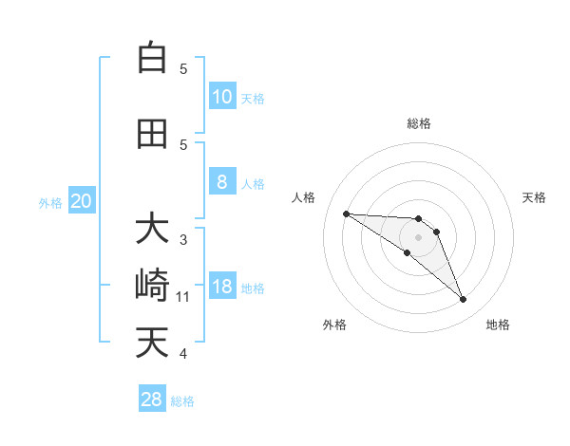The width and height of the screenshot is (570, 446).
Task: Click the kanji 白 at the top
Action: [152, 58]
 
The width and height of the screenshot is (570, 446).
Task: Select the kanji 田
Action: [152, 134]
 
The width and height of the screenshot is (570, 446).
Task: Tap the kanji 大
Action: [152, 229]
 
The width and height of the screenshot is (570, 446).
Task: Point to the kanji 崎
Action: [152, 286]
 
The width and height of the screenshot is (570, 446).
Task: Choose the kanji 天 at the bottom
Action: [152, 343]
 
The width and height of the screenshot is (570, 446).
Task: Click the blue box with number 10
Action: [222, 96]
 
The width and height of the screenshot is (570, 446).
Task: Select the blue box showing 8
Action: [222, 182]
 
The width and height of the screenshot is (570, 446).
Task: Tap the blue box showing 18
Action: [222, 287]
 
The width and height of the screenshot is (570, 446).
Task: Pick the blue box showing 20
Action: [82, 201]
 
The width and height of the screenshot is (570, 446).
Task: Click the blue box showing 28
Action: [152, 400]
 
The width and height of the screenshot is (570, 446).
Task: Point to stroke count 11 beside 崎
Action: [184, 297]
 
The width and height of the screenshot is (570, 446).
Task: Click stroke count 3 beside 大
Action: [183, 240]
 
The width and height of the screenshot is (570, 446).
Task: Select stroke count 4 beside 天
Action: [183, 354]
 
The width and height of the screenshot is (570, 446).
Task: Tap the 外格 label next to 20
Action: [50, 202]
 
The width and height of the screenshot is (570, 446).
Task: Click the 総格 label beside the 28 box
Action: [182, 401]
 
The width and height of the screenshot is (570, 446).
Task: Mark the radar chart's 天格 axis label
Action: [535, 197]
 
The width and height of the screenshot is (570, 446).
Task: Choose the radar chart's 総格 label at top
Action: [419, 123]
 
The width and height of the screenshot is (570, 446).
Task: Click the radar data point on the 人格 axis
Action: [346, 214]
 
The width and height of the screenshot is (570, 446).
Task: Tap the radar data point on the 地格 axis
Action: [463, 300]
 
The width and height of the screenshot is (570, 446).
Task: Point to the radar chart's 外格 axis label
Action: [334, 325]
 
